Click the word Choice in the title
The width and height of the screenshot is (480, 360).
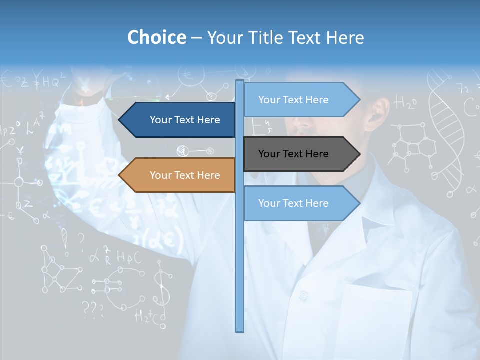click(156, 37)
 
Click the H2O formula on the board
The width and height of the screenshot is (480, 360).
click(405, 103)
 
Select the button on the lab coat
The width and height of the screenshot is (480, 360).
click(303, 296)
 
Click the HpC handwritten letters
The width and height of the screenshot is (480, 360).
click(129, 257)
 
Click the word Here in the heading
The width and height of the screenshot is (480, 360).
click(345, 37)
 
